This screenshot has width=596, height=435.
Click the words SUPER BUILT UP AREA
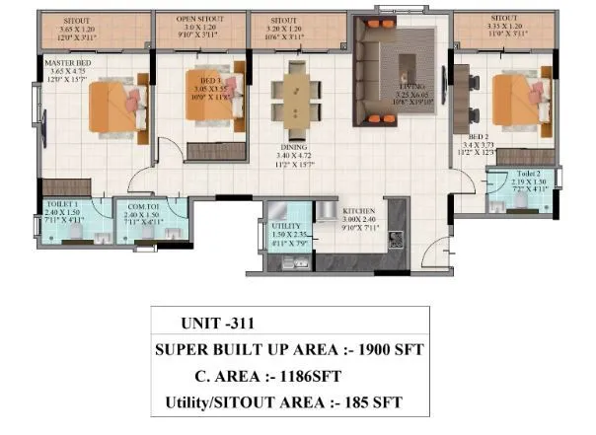(249, 349)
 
